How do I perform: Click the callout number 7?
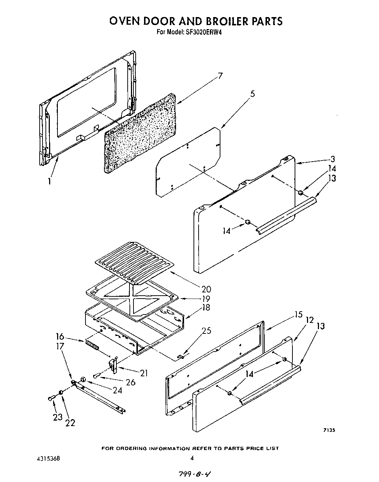tap(220, 77)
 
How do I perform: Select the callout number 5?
tap(252, 94)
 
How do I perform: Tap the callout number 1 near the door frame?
tap(49, 181)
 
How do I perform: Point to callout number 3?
tap(333, 159)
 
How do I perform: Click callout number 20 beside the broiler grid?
tap(206, 289)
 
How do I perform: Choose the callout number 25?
tap(207, 331)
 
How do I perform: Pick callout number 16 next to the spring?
tap(60, 336)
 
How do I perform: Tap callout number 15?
tap(299, 315)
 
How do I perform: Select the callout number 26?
tap(130, 382)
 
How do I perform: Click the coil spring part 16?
tap(92, 345)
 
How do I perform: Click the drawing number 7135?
tap(329, 430)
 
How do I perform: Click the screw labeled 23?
tap(51, 398)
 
